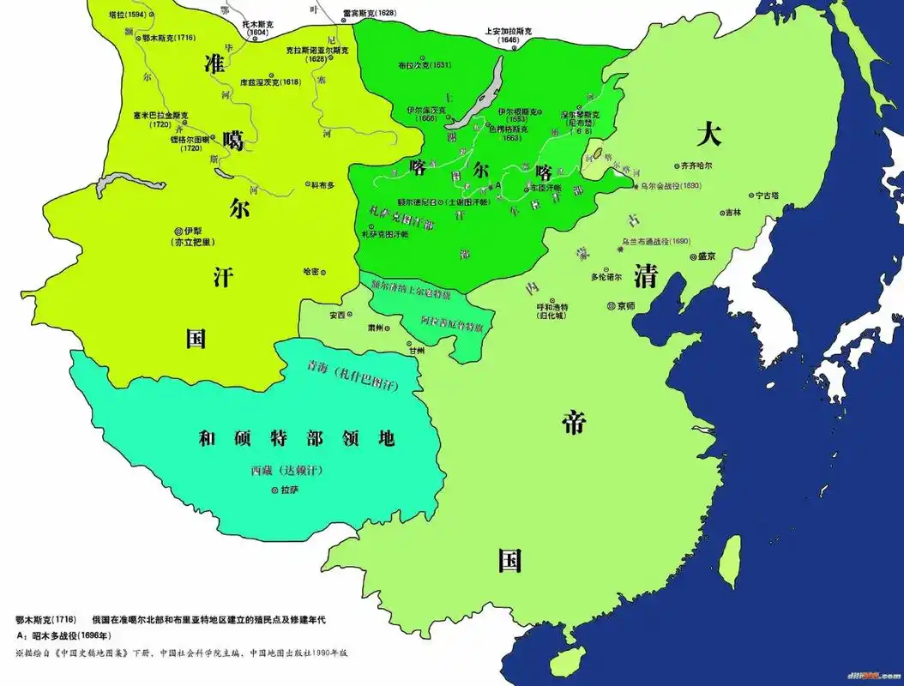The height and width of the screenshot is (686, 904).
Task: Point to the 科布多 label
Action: click(x=324, y=184)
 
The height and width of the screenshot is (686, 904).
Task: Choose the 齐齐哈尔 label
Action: click(x=701, y=165)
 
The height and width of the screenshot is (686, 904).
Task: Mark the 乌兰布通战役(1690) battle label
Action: click(x=656, y=242)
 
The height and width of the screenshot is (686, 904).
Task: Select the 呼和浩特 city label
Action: click(x=552, y=307)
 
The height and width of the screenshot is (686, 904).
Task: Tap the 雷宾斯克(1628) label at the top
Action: click(x=369, y=14)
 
